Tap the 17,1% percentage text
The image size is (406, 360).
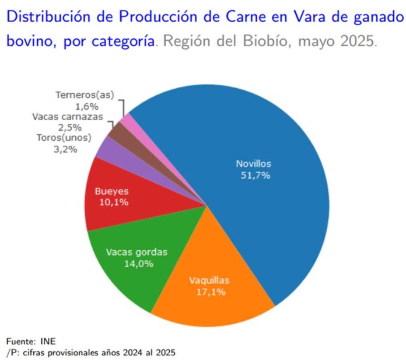coord(211,291)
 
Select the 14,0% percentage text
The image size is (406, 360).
coord(139,264)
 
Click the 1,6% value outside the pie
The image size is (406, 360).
coord(86,106)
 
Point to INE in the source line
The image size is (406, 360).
coord(49,341)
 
